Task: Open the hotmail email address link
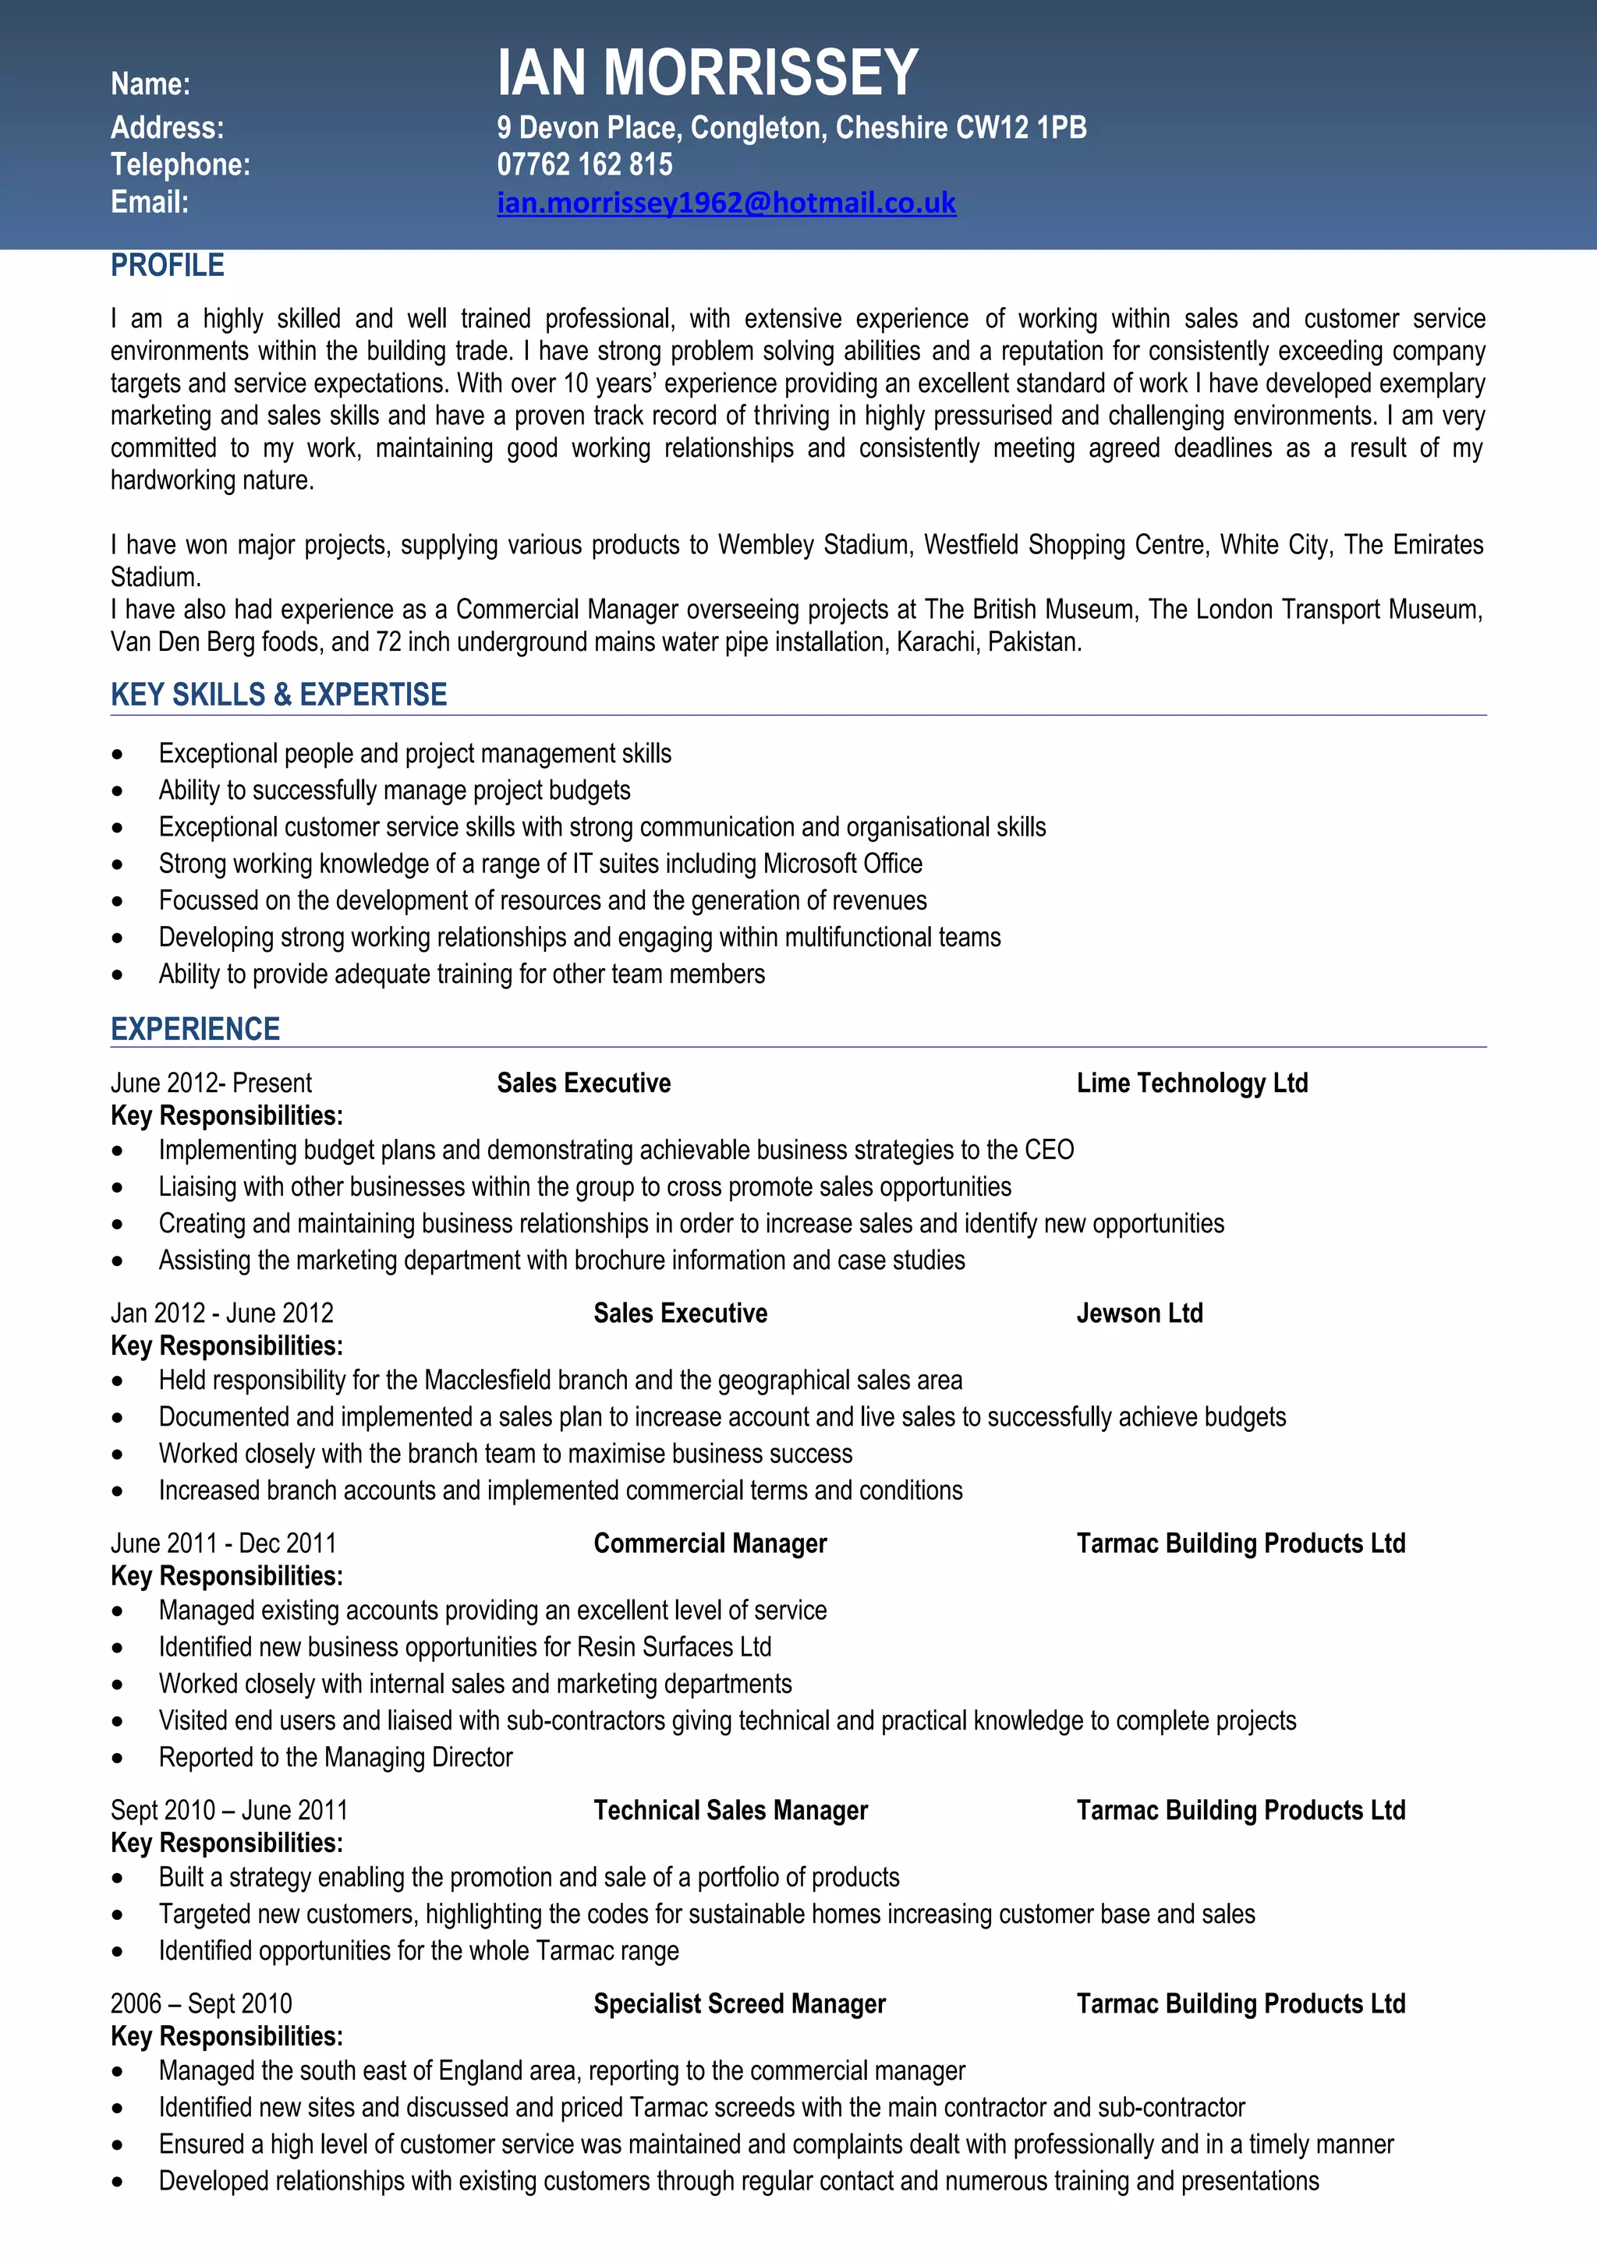tap(726, 203)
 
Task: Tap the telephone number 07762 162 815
tap(585, 164)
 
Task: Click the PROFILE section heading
tap(168, 266)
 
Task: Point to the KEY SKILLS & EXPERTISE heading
tap(278, 695)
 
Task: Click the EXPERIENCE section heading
tap(195, 1029)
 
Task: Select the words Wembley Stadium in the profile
tap(813, 545)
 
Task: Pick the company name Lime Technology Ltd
tap(1192, 1084)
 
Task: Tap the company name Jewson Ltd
tap(1139, 1313)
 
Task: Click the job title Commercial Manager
tap(710, 1543)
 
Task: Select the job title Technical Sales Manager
tap(730, 1810)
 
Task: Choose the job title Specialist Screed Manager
tap(739, 2004)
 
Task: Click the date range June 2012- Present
tap(211, 1084)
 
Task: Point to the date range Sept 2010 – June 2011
tap(229, 1810)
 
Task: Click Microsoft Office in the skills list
tap(842, 864)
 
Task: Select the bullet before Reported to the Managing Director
tap(118, 1759)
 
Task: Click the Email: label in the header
tap(150, 203)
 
